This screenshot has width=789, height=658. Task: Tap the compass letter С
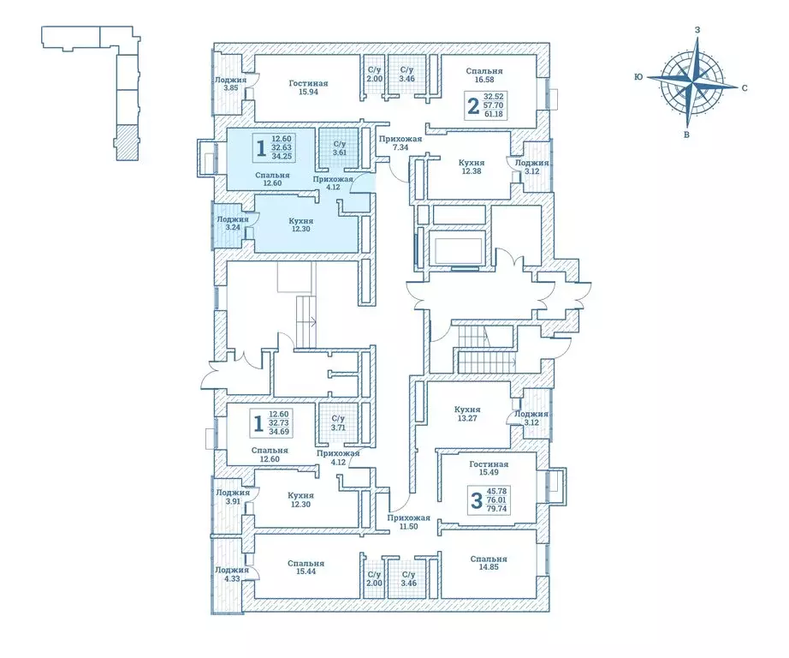coord(745,87)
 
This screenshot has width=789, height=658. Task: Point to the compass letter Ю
coord(638,77)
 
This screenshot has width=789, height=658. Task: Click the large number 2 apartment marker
coord(472,106)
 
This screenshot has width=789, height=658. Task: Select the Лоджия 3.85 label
coord(230,84)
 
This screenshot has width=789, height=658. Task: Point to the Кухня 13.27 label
coord(467,415)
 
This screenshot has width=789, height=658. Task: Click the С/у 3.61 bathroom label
coord(339,149)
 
